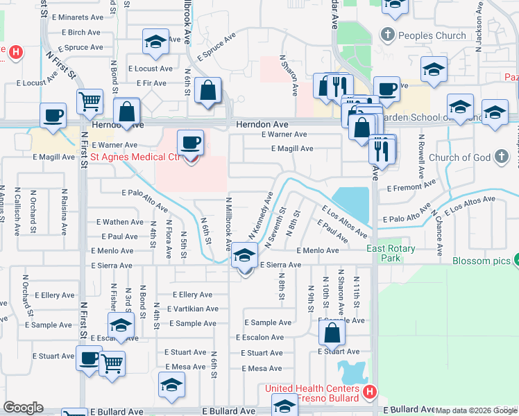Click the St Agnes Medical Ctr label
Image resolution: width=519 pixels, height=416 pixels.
(x=136, y=157)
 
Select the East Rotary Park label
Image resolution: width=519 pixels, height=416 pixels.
(x=391, y=253)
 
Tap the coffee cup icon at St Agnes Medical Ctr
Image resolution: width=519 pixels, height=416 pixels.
(x=191, y=143)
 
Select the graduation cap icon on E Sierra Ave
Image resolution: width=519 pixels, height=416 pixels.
(x=244, y=256)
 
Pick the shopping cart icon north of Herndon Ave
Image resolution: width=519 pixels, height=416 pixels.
(x=90, y=102)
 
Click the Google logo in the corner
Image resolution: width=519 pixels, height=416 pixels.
(x=24, y=408)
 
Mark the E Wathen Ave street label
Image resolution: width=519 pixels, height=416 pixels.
(x=120, y=222)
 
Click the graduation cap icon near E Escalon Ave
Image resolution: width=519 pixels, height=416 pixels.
(x=121, y=325)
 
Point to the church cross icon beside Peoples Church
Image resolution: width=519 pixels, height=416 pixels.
(x=387, y=35)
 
